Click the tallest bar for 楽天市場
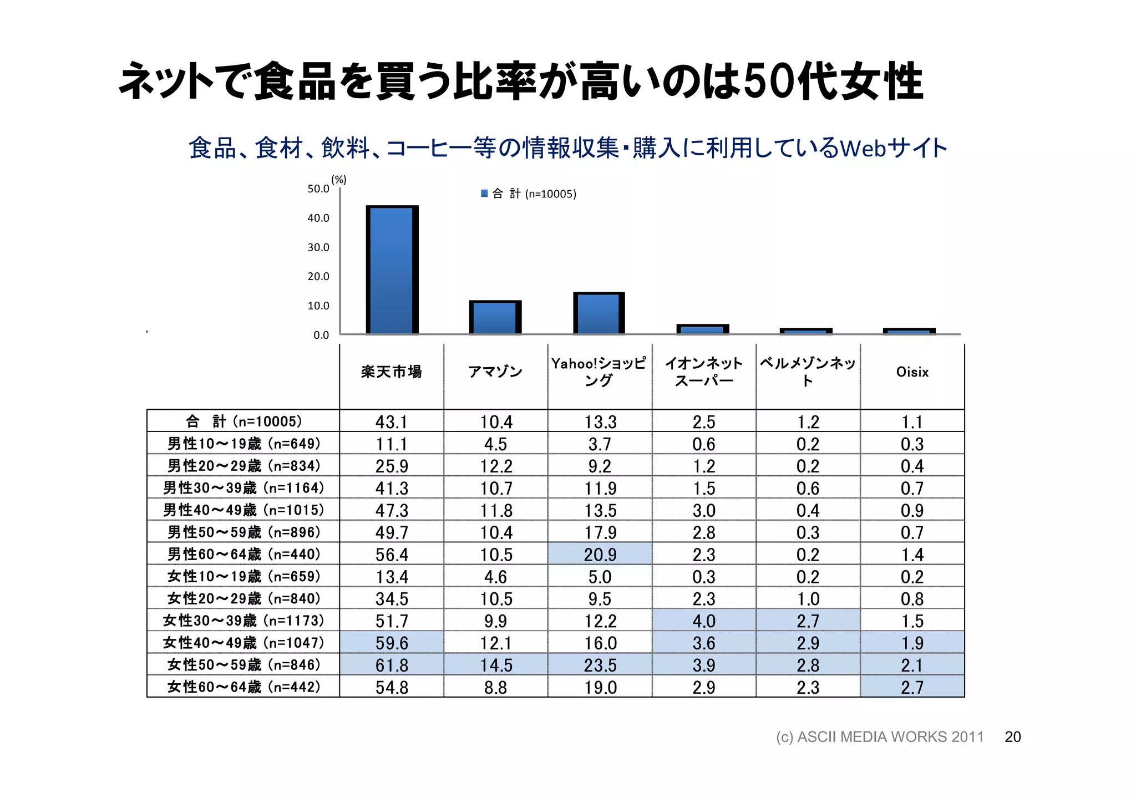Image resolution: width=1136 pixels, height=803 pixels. point(392,270)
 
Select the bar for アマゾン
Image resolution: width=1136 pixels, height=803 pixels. point(495,318)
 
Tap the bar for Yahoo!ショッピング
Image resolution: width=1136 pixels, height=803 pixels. point(599,313)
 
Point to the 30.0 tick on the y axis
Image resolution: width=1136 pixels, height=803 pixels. point(318,247)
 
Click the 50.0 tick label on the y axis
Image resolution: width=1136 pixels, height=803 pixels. point(318,189)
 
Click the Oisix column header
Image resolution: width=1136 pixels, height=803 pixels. point(912,372)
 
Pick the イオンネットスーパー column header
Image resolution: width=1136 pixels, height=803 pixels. point(703,372)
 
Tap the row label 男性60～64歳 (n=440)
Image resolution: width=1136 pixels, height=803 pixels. point(244,554)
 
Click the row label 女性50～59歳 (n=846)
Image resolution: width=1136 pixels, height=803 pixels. point(244,664)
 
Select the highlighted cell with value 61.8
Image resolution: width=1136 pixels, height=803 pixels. point(392,665)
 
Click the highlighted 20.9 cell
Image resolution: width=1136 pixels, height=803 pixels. point(600,555)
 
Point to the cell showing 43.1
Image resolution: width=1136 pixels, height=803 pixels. point(392,422)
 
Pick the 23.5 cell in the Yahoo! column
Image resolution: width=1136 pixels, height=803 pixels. point(600,665)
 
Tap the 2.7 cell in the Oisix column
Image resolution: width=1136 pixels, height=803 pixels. point(912,687)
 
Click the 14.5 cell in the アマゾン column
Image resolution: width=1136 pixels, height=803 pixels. point(495,665)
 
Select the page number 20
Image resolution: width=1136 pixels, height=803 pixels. point(1012,737)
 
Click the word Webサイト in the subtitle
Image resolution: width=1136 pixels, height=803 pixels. point(893,148)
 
